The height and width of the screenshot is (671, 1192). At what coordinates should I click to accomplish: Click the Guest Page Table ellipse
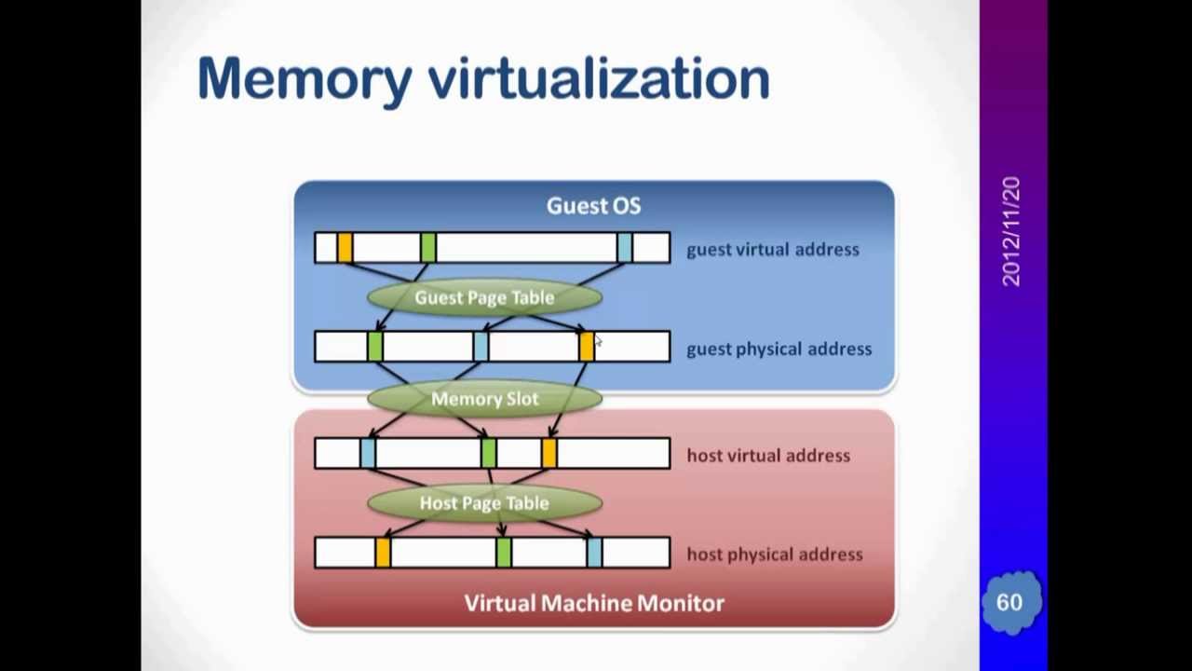point(484,297)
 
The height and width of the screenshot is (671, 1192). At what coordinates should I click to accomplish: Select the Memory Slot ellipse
point(484,399)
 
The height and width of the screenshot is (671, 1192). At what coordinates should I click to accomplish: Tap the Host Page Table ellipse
point(484,503)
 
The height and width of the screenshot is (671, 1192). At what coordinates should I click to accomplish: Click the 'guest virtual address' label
point(772,250)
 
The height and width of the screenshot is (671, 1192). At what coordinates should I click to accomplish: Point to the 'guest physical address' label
point(779,349)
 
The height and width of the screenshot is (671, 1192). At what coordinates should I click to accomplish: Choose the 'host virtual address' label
point(767,456)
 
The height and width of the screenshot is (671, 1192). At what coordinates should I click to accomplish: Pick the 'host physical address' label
point(774,555)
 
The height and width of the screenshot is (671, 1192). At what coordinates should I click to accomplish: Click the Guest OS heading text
point(593,206)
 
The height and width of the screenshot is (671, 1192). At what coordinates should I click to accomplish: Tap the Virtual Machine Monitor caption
point(594,603)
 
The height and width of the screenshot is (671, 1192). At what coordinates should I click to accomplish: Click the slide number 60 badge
point(1009,603)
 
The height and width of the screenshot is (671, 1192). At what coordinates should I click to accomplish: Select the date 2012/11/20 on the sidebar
point(1011,232)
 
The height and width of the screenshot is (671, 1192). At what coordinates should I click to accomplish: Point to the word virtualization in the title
point(599,78)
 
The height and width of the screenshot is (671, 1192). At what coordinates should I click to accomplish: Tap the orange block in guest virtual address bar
point(345,248)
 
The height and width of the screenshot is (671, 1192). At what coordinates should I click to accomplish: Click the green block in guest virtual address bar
point(427,248)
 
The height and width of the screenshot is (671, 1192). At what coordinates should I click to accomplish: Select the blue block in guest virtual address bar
point(624,248)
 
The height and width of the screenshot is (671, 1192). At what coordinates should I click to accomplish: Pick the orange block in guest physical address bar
point(586,348)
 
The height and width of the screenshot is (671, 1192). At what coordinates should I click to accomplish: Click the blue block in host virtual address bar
point(368,454)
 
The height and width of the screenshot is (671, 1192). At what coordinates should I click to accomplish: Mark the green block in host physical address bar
point(503,553)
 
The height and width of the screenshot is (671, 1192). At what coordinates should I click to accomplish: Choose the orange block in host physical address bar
point(382,553)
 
